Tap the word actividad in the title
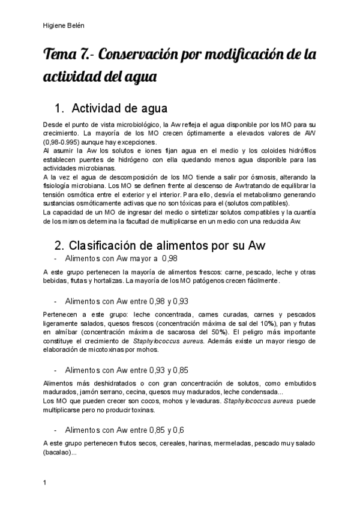pos(71,78)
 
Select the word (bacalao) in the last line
pos(58,453)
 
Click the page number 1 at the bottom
pos(45,482)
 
